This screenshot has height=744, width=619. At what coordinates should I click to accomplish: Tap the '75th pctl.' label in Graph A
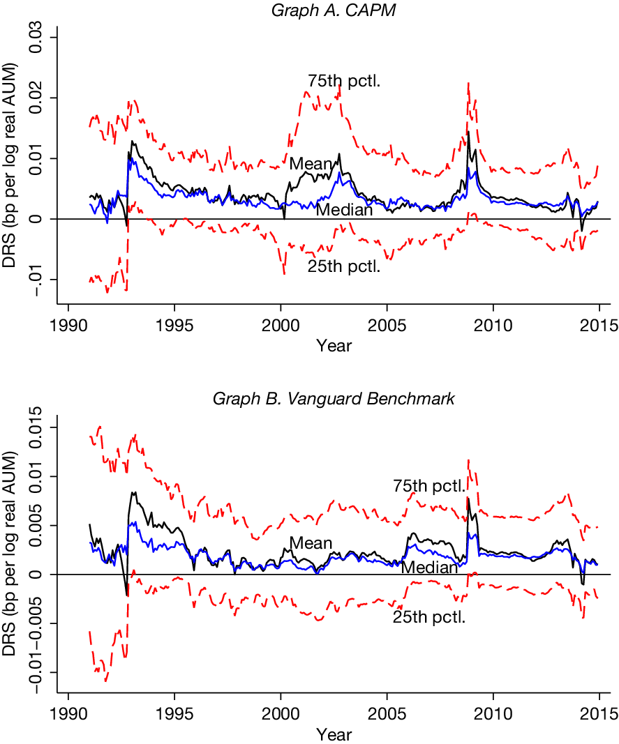pyautogui.click(x=343, y=82)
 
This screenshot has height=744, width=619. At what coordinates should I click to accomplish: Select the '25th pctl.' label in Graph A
pyautogui.click(x=343, y=266)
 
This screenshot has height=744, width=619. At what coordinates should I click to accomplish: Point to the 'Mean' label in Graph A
pyautogui.click(x=311, y=164)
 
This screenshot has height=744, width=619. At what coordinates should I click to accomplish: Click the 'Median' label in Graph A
pyautogui.click(x=344, y=209)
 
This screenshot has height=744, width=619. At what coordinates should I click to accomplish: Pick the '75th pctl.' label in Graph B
pyautogui.click(x=429, y=486)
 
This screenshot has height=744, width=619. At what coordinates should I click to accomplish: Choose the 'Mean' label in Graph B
pyautogui.click(x=311, y=543)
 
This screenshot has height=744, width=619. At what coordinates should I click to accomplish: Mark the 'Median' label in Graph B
pyautogui.click(x=428, y=568)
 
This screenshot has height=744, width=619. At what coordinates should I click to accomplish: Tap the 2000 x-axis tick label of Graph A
pyautogui.click(x=281, y=326)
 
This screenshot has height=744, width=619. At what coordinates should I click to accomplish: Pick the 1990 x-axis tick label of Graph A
pyautogui.click(x=68, y=326)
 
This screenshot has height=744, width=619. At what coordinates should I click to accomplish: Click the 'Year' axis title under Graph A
pyautogui.click(x=334, y=346)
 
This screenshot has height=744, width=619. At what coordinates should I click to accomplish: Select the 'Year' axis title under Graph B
pyautogui.click(x=334, y=734)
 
